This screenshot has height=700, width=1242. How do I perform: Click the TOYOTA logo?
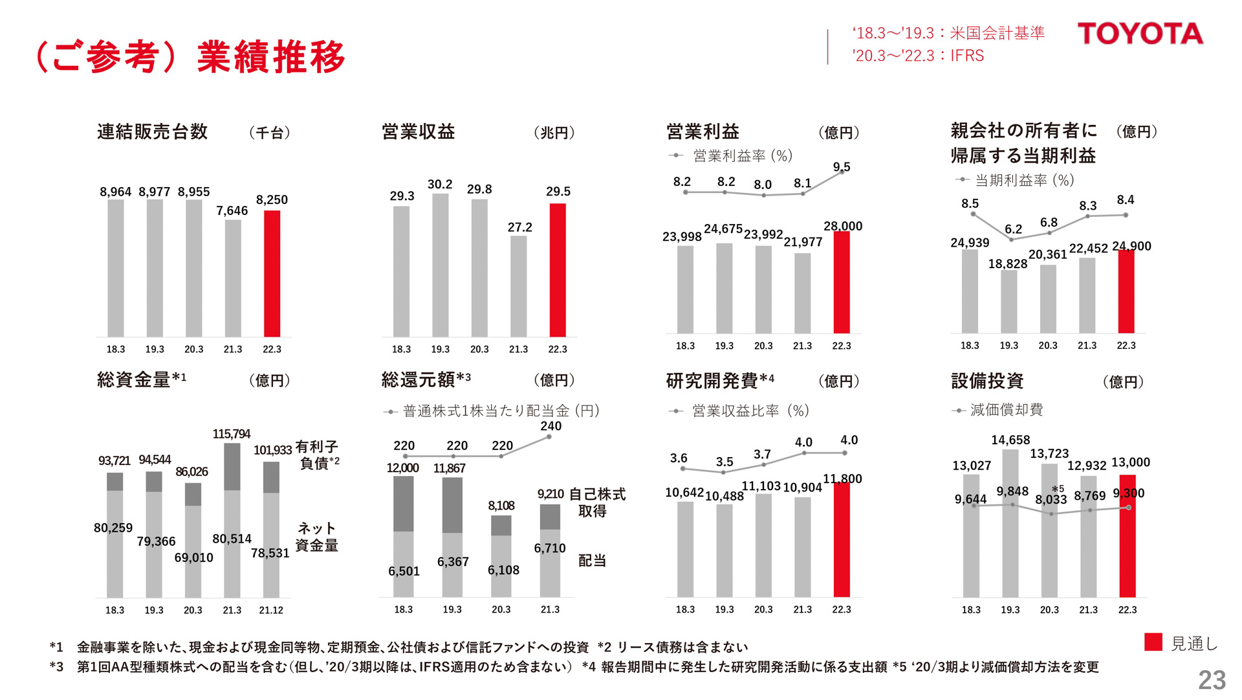click(x=1140, y=34)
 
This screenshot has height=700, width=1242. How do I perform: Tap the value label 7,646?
click(x=232, y=210)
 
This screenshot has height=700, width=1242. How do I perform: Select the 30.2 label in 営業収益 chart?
click(x=440, y=185)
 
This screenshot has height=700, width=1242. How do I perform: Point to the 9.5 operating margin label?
click(x=842, y=167)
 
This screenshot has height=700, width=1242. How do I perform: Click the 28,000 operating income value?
click(x=842, y=226)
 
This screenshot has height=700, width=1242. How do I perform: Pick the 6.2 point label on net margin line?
click(x=1013, y=229)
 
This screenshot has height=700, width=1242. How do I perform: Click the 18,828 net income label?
click(x=1007, y=264)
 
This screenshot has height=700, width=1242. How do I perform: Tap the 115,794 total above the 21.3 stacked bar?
click(x=231, y=434)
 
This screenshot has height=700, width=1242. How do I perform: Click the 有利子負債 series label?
click(x=317, y=455)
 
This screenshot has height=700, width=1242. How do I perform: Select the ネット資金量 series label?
click(x=317, y=537)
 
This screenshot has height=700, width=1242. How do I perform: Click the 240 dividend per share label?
click(x=550, y=426)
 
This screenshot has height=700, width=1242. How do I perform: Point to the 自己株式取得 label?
click(x=596, y=502)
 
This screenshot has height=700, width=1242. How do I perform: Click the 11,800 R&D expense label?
click(x=842, y=479)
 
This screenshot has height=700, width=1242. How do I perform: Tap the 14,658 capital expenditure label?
click(x=1010, y=440)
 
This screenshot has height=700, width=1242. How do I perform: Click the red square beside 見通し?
click(x=1153, y=642)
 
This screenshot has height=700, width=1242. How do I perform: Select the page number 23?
click(x=1211, y=680)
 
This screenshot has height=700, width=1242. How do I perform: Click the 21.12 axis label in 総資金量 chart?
click(x=271, y=610)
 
